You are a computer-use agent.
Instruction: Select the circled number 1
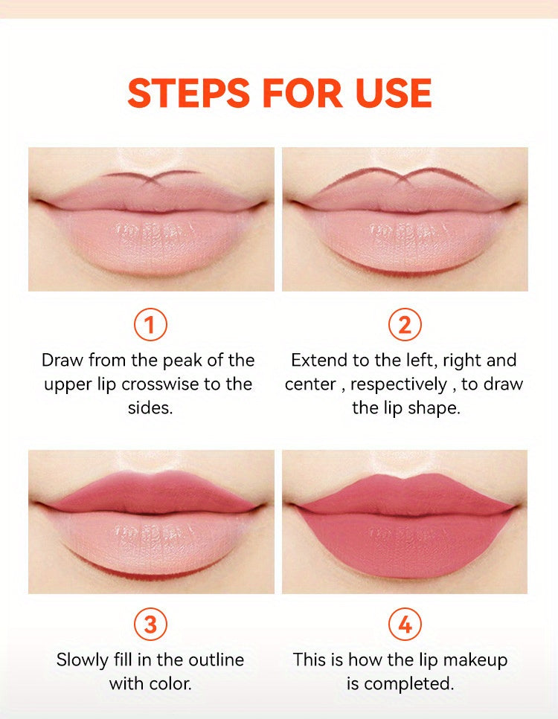click(x=150, y=325)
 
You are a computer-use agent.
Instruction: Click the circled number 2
click(x=405, y=325)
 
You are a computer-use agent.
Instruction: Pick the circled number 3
click(x=150, y=625)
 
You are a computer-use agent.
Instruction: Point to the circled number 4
click(x=405, y=625)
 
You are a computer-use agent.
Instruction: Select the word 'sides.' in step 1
click(x=150, y=408)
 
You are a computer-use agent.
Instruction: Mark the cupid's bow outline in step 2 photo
click(x=405, y=177)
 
